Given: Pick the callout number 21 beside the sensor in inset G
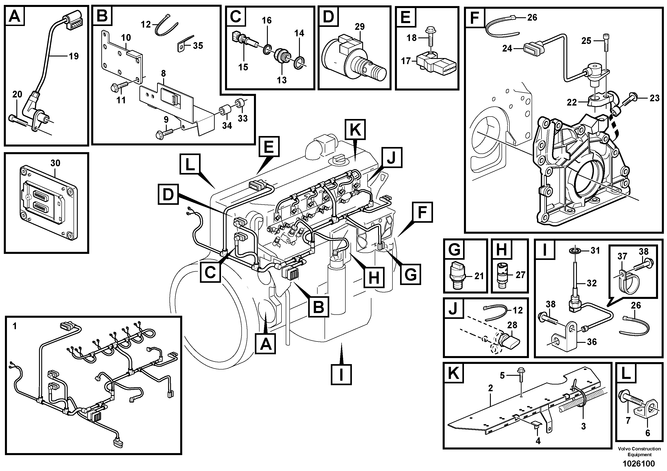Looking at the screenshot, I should click(479, 276).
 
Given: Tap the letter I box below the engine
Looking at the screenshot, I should click(341, 375).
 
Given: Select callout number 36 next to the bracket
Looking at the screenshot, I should click(592, 342).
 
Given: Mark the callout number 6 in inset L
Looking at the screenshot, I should click(648, 433).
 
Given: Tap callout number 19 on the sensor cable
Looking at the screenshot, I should click(74, 56).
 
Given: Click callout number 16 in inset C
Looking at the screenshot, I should click(267, 21).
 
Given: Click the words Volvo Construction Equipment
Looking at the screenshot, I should click(639, 452).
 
